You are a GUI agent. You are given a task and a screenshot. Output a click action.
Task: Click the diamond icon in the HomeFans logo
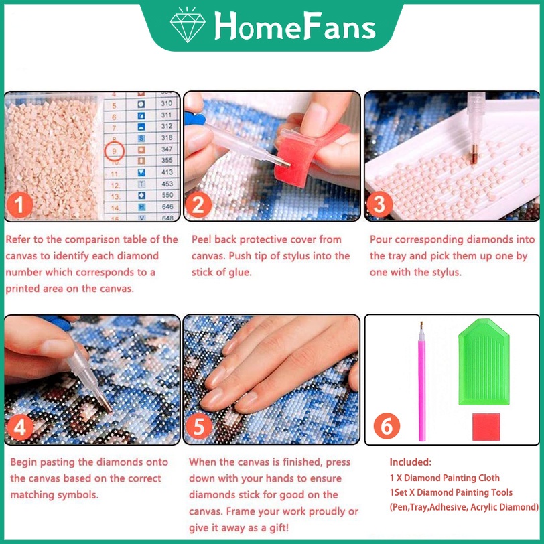click(188, 26)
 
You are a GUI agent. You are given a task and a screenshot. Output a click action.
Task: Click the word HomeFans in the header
click(294, 26)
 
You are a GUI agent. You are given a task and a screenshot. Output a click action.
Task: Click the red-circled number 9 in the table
click(115, 150)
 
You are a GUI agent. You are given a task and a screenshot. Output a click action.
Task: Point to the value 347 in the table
click(167, 149)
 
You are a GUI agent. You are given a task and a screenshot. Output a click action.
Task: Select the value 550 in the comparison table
click(167, 195)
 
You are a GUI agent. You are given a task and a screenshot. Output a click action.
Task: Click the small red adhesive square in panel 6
click(486, 426)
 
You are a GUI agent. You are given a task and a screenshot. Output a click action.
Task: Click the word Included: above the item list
click(411, 462)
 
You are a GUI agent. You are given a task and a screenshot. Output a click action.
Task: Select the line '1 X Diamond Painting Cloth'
click(444, 478)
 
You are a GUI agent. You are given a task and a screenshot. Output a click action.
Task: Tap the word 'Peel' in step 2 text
click(202, 239)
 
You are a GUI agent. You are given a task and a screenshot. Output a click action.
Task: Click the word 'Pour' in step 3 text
click(381, 239)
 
